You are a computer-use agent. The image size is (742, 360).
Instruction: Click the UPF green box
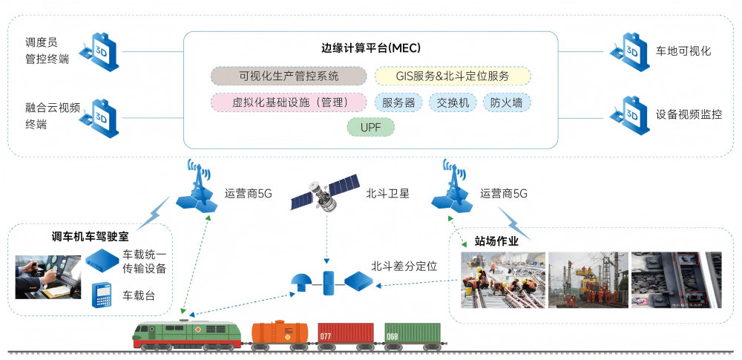pyautogui.click(x=371, y=128)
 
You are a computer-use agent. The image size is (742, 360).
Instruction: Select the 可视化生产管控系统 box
pyautogui.click(x=289, y=76)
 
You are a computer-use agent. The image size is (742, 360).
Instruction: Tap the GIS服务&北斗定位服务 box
pyautogui.click(x=453, y=76)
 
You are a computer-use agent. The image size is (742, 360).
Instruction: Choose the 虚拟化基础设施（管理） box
pyautogui.click(x=289, y=102)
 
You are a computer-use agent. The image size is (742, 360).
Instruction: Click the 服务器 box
pyautogui.click(x=398, y=102)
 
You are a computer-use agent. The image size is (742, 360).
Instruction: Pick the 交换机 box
pyautogui.click(x=453, y=102)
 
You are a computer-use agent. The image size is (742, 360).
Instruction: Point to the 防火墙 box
pyautogui.click(x=507, y=102)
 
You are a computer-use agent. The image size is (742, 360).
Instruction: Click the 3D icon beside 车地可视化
pyautogui.click(x=630, y=50)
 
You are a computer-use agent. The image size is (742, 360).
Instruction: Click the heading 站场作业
pyautogui.click(x=496, y=240)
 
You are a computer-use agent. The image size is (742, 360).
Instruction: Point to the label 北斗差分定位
pyautogui.click(x=404, y=265)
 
